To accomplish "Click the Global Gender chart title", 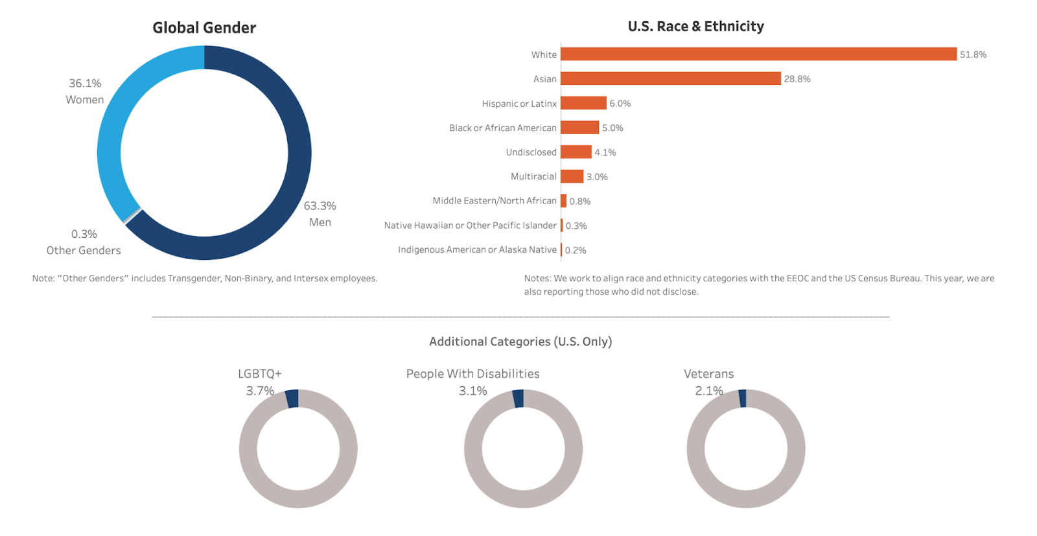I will point(204,28).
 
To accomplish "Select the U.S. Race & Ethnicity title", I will point(695,27).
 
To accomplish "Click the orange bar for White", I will point(758,54).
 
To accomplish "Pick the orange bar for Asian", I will point(670,78).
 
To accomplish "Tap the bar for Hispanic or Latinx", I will point(583,103).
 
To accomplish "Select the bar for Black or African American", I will point(579,128).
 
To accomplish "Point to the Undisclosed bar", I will point(576,152).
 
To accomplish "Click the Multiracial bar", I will point(572,176).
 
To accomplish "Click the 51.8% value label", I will point(973,54).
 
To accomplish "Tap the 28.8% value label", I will point(797,79).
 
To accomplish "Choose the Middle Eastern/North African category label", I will point(495,201).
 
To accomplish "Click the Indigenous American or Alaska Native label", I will point(477,250).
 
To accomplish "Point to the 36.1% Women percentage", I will point(85,84).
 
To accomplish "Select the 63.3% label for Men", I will point(320,206).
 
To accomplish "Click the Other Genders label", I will point(84,250).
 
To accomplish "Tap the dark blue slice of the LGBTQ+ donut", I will point(292,399).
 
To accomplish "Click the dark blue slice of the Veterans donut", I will point(743,399).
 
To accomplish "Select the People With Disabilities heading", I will point(472,374).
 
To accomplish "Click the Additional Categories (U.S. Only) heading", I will point(520,342).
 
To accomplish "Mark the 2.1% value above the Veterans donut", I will point(708,391).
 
